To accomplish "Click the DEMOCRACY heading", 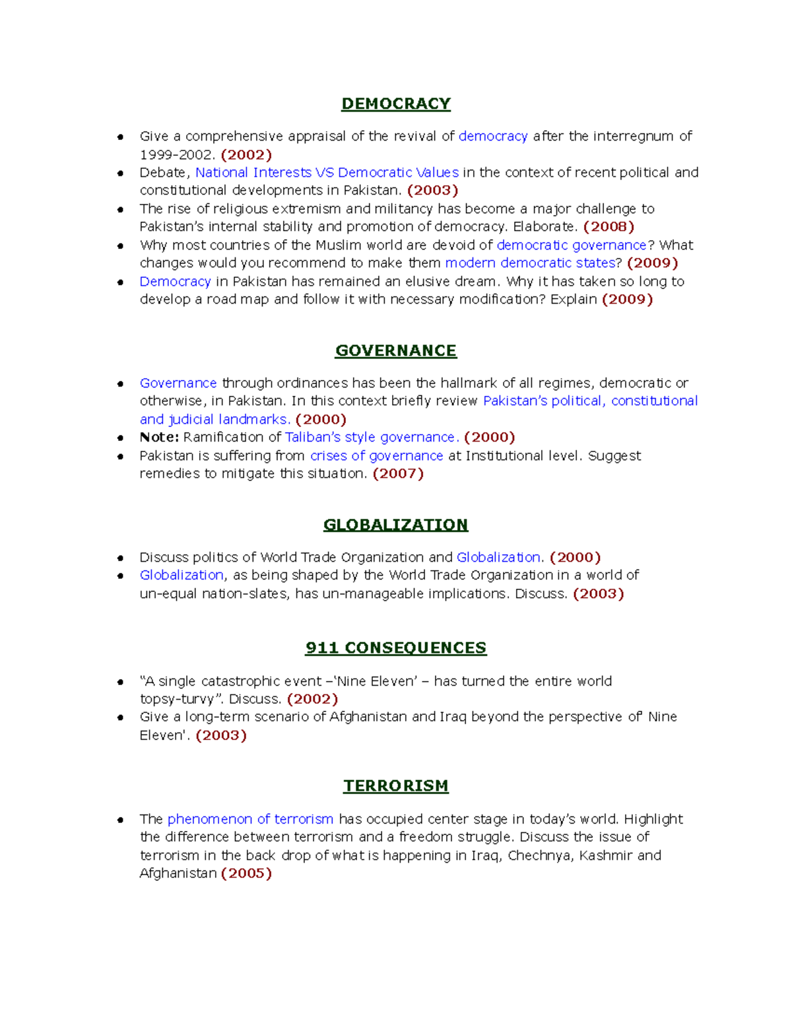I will click(395, 104).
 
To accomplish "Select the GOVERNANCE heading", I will click(395, 350).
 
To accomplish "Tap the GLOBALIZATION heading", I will click(395, 525).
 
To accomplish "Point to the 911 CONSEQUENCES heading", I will click(395, 647).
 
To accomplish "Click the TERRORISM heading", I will click(395, 785).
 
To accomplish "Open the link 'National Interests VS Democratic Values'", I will click(327, 172).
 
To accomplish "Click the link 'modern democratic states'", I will click(530, 263).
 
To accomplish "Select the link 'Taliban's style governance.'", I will click(372, 437).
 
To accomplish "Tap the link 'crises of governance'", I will click(376, 455).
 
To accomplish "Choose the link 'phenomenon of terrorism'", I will click(250, 818).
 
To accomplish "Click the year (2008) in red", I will click(609, 226).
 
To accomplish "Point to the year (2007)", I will click(398, 473).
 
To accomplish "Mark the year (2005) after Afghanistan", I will click(246, 873).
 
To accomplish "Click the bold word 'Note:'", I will click(159, 437).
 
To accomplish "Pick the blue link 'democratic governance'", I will click(572, 245).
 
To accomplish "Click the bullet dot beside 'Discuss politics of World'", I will click(120, 558).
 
